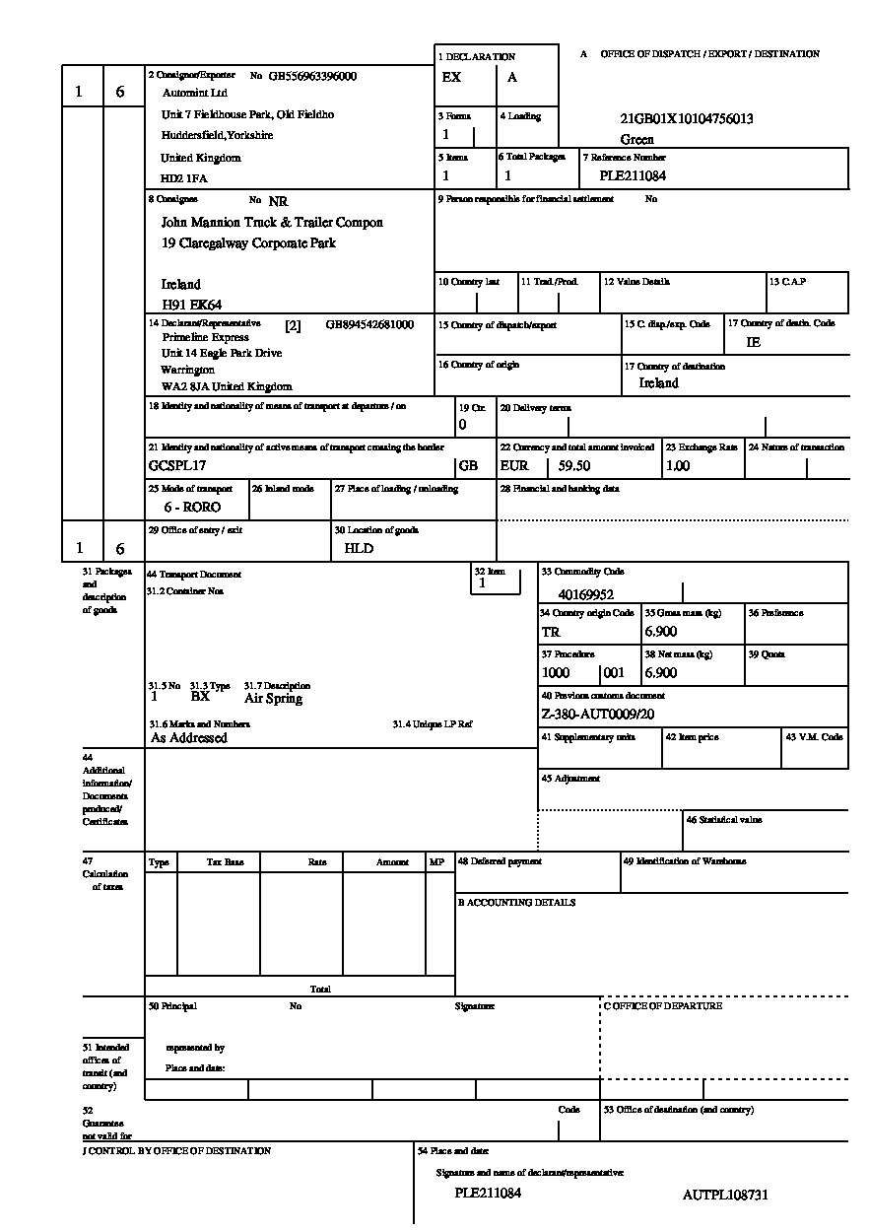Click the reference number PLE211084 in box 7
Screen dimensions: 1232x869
point(633,176)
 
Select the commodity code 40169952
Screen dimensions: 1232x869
point(586,594)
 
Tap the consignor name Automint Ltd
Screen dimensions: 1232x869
point(194,93)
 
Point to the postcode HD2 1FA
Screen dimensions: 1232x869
point(184,179)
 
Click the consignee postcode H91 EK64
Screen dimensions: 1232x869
point(192,306)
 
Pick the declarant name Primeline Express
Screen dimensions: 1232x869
point(206,337)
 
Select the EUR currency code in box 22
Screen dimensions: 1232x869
point(514,466)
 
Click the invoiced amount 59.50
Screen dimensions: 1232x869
point(574,466)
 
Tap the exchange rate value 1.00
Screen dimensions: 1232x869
point(678,466)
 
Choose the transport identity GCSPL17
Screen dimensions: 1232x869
point(178,465)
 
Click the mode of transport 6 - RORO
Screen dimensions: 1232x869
point(192,507)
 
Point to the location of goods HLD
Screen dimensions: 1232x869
point(359,548)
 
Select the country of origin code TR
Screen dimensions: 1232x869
point(551,632)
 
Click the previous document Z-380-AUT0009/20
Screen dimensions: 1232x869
point(598,715)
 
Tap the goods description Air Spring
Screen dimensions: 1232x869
point(273,699)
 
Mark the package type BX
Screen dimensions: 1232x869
point(200,697)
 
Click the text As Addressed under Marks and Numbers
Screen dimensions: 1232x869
point(189,737)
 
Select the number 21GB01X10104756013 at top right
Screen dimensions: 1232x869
point(687,119)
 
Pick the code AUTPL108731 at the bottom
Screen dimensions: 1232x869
point(725,1196)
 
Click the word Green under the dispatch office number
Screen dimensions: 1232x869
point(637,140)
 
